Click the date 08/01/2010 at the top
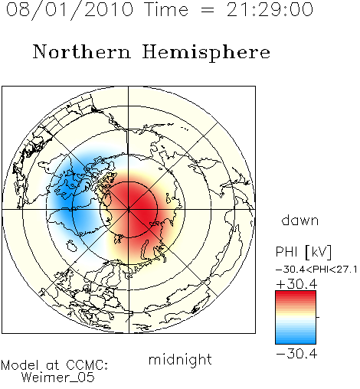(70, 10)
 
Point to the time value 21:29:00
(270, 10)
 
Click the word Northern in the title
(82, 51)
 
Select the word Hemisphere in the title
(206, 53)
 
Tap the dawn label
(300, 220)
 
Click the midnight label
(180, 359)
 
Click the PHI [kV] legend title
(303, 252)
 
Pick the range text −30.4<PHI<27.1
(316, 270)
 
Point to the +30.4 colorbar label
(296, 284)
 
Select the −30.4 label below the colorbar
(296, 354)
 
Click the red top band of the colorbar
(296, 294)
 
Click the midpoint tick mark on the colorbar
(318, 317)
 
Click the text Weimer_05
(57, 378)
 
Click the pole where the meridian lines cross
(129, 210)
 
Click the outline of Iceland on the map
(72, 246)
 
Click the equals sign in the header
(208, 10)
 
